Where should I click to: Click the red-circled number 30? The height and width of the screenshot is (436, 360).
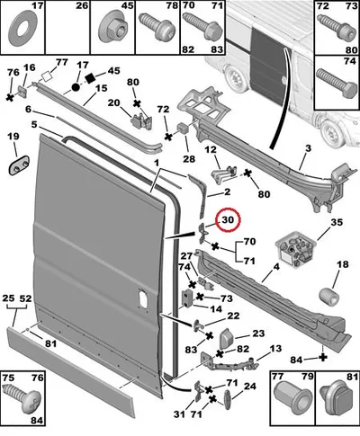click(x=228, y=219)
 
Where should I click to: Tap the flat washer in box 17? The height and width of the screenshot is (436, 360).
click(x=22, y=30)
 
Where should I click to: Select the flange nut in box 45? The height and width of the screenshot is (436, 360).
click(x=114, y=28)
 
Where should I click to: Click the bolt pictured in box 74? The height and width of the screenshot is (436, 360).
click(x=334, y=82)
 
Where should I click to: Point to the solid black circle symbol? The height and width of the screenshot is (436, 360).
click(x=76, y=87)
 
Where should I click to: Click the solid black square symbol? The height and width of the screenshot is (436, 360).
click(x=90, y=78)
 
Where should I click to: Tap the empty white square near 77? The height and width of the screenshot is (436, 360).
click(x=47, y=76)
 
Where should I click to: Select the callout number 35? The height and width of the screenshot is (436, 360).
click(x=337, y=222)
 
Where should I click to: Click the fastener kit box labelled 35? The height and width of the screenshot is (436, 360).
click(x=296, y=249)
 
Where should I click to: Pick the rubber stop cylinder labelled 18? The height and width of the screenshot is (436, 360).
click(x=328, y=296)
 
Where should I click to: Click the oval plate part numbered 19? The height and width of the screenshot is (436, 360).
click(x=19, y=165)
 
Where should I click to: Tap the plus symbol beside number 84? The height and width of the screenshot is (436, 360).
click(x=323, y=357)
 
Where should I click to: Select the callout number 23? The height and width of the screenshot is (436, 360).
click(x=258, y=334)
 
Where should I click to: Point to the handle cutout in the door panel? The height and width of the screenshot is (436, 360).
click(x=142, y=297)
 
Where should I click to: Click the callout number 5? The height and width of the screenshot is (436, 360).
click(x=34, y=124)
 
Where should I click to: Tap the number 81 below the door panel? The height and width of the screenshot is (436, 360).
click(x=50, y=343)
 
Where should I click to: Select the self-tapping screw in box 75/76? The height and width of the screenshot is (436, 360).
click(x=21, y=399)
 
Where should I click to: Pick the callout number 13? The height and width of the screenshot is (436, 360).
click(x=275, y=349)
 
